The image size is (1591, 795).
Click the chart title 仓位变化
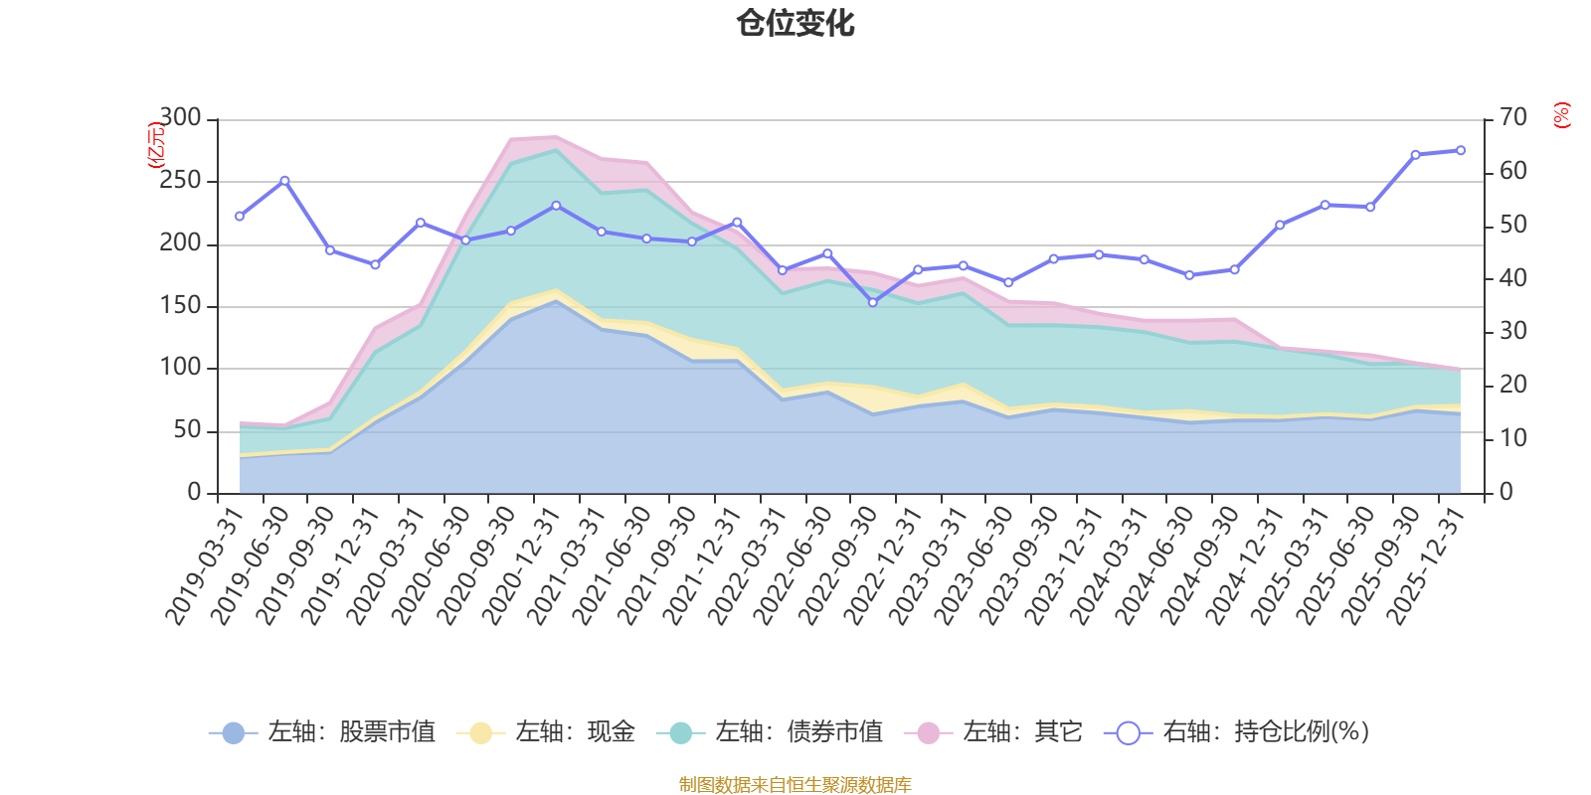tap(795, 23)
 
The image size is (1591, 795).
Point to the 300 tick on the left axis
tap(180, 118)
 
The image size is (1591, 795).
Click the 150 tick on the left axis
tap(180, 305)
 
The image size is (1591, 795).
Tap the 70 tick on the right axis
tap(1512, 118)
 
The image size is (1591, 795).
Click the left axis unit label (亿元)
tap(156, 145)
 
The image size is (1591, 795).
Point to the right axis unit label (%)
tap(1562, 115)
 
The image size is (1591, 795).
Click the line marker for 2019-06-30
tap(284, 180)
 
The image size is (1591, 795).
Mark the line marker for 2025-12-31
tap(1461, 150)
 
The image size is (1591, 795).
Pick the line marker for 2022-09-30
tap(873, 302)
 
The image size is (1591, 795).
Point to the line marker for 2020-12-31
tap(556, 206)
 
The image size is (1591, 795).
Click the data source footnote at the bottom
tap(795, 785)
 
